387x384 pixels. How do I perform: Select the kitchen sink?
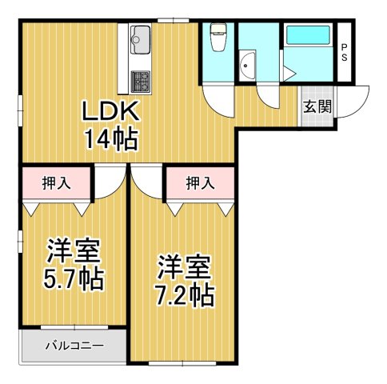[141, 37]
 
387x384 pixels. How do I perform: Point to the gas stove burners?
[141, 81]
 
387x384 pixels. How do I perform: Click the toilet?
[217, 38]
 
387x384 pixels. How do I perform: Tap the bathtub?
[306, 37]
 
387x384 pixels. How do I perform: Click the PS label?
[345, 52]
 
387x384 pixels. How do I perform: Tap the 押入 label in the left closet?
[56, 183]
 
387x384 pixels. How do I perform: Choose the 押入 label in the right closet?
[199, 183]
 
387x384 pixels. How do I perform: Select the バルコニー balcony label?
[73, 346]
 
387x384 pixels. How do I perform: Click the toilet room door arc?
[217, 100]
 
